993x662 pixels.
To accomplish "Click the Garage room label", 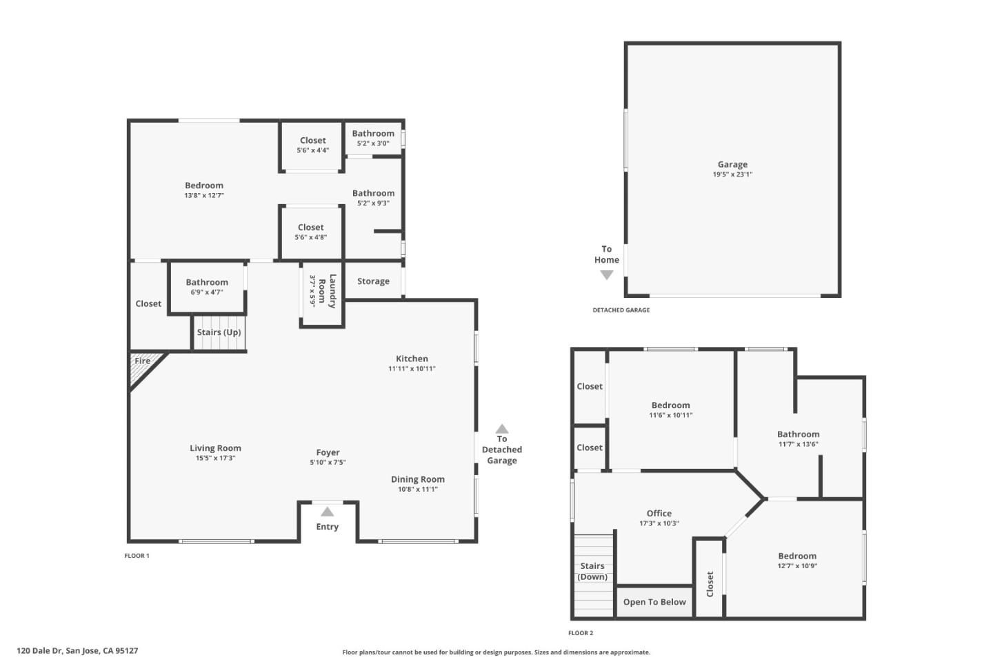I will point(732,165).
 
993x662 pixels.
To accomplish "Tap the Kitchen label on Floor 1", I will point(412,359).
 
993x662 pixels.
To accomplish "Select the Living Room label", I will point(215,448).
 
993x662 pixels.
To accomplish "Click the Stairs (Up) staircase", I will point(219,332).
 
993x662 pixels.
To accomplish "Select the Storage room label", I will point(373,281).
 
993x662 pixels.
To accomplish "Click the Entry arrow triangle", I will point(327,512).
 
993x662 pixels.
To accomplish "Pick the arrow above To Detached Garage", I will point(502,428).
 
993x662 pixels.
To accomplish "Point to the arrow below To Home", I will point(606,275).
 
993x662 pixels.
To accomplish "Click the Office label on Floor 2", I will point(659,513).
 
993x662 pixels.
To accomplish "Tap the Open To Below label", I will point(654,602).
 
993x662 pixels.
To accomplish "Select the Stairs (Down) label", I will point(592,571).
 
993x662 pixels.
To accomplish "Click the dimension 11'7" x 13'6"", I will point(798,444).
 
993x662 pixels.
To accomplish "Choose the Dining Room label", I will point(417,479).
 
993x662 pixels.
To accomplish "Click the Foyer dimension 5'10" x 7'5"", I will point(328,463).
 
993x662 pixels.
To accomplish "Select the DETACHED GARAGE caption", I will point(621,310).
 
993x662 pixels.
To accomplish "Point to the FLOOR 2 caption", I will point(580,633).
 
